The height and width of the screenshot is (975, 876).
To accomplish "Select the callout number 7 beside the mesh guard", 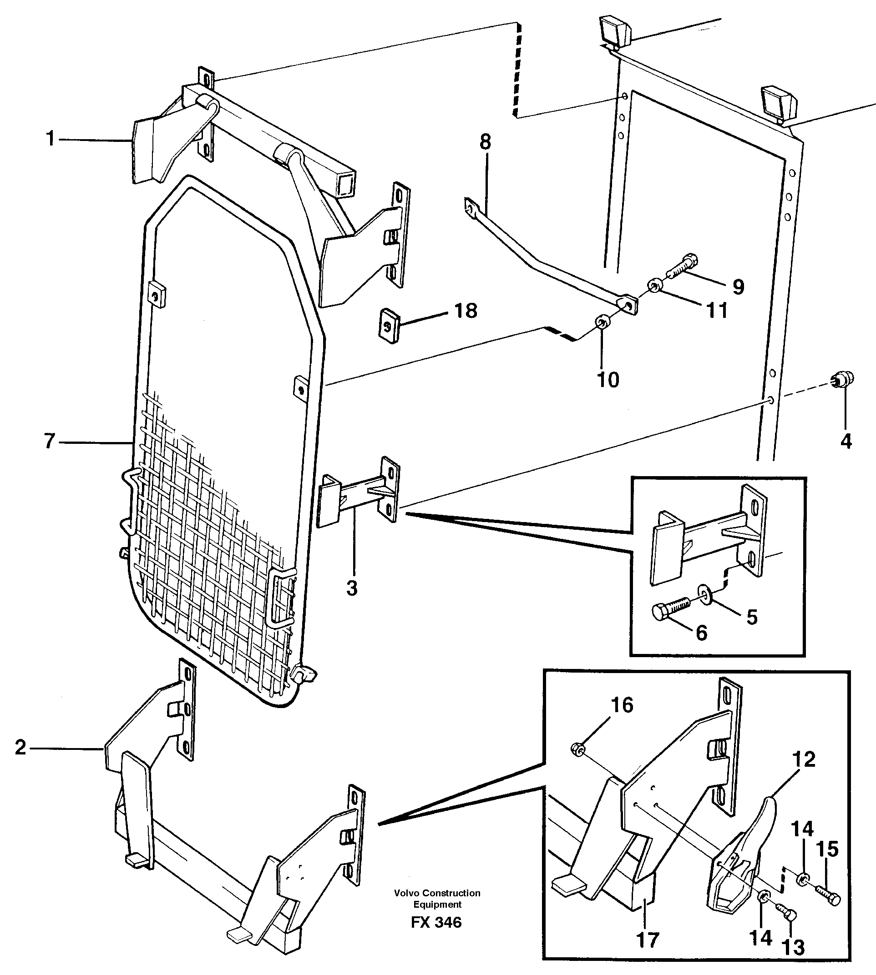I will pyautogui.click(x=50, y=441).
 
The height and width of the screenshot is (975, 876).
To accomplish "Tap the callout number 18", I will pyautogui.click(x=466, y=311).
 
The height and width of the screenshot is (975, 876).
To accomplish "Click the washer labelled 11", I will pyautogui.click(x=654, y=286).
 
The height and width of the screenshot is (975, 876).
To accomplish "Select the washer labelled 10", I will pyautogui.click(x=602, y=322).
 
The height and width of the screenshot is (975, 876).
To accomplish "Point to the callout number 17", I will pyautogui.click(x=648, y=940).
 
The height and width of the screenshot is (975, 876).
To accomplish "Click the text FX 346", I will pyautogui.click(x=436, y=922).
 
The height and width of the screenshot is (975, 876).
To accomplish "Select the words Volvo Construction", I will pyautogui.click(x=437, y=893).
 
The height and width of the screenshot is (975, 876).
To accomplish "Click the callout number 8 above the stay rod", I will pyautogui.click(x=485, y=142).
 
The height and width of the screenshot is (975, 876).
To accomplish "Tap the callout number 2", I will pyautogui.click(x=20, y=748).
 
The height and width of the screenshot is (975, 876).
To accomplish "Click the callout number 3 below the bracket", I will pyautogui.click(x=352, y=588).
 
